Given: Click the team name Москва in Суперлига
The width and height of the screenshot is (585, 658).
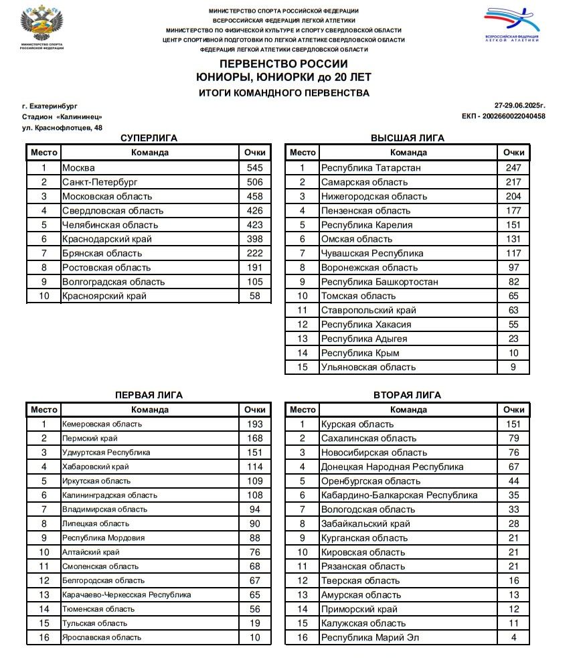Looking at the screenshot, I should pos(78,168).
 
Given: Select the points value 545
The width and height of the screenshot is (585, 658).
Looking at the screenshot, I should pos(255,168).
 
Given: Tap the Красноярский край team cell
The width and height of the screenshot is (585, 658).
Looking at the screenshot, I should pos(104,296).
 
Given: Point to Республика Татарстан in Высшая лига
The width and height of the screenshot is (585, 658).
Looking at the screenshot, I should pos(371,168).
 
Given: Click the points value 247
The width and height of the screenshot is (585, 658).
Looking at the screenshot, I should pos(513,168).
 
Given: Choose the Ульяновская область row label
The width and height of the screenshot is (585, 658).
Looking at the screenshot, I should pos(368,367).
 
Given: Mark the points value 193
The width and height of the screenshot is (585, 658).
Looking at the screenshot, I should pos(255,424).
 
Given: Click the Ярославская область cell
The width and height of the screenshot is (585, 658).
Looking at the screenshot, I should pos(101,637).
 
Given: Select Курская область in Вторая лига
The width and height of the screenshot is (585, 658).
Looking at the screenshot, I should pos(357,424).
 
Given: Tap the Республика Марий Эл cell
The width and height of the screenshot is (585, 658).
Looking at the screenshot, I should pos(370,637).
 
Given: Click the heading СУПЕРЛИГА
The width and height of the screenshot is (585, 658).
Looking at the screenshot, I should pos(149,138).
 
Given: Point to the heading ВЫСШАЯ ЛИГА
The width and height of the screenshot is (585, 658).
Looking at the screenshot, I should pos(407,138).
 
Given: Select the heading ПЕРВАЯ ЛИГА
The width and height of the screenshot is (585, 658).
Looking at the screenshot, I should pos(149,395).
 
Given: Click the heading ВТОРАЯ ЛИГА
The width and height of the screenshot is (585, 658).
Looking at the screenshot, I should pos(407,395).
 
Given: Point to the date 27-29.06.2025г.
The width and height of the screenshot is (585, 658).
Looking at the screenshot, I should pos(520,106).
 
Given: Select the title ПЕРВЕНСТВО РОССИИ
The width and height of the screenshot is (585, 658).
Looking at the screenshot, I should pos(284,64).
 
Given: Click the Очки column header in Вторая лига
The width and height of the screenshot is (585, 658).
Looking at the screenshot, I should pos(513,410).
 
